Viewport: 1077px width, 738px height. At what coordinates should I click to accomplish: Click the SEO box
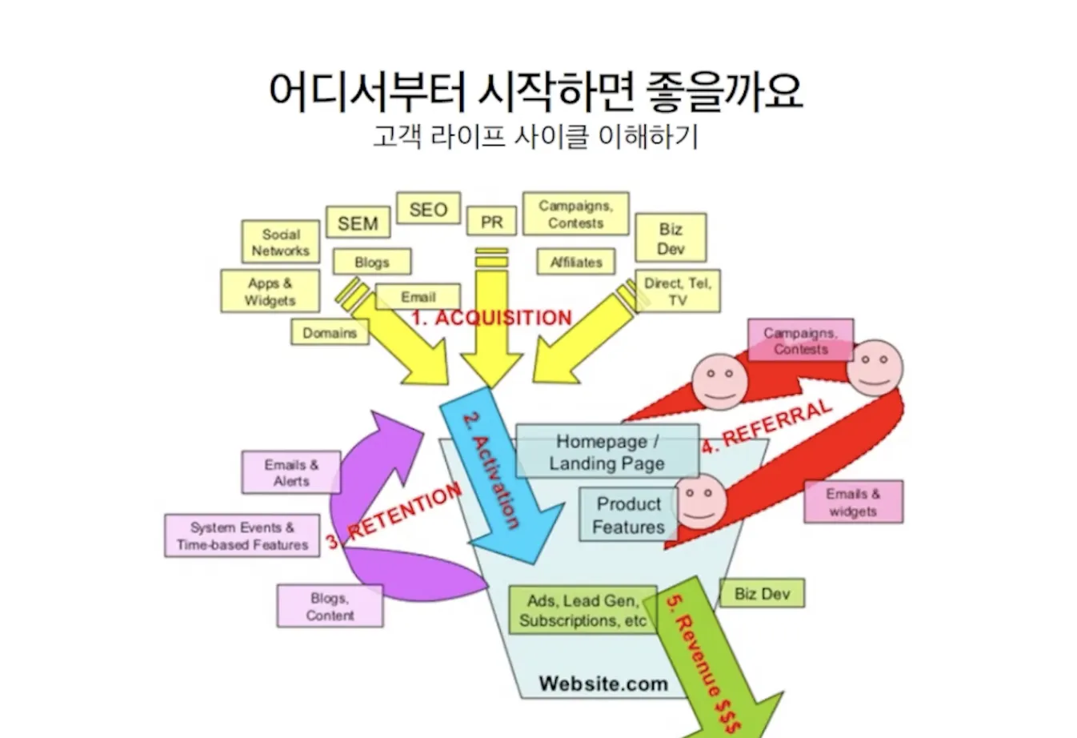(x=428, y=210)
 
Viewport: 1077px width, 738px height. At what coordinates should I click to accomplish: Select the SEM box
(x=358, y=223)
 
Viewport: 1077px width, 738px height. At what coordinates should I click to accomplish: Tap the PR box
(x=491, y=222)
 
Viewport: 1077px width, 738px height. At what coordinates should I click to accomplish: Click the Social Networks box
(x=280, y=242)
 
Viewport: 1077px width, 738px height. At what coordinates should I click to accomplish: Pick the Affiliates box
(x=576, y=262)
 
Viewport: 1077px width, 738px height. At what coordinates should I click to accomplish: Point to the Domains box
(x=330, y=332)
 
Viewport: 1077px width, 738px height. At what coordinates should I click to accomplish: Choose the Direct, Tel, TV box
(x=677, y=291)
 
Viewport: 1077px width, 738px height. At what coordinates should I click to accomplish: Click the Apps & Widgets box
(x=270, y=291)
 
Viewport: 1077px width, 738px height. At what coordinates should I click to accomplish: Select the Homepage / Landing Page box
(x=607, y=452)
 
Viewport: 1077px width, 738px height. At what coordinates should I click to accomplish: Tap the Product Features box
(x=628, y=515)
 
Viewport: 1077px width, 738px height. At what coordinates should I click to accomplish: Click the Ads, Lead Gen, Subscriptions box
(x=583, y=611)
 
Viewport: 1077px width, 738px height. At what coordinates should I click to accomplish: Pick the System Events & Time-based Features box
(x=242, y=535)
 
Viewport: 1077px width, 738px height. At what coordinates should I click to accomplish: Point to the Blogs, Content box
(x=330, y=606)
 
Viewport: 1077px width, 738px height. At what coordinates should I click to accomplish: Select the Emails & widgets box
(x=853, y=502)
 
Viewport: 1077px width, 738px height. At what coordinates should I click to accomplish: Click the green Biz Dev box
(x=762, y=593)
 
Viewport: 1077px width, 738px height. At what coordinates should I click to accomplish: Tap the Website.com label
(x=603, y=684)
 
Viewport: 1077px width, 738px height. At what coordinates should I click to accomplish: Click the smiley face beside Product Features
(x=701, y=500)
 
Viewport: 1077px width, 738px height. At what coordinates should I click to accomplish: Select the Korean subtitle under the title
(x=535, y=136)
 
